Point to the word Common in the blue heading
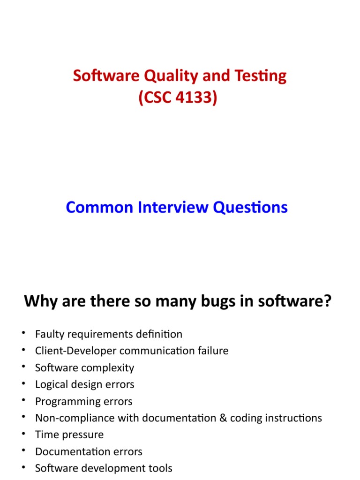pos(98,207)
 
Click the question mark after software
pos(327,301)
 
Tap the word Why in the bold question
pos(39,301)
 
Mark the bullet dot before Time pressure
pos(23,434)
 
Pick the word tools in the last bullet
pos(160,468)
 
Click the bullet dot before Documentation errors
pos(23,451)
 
